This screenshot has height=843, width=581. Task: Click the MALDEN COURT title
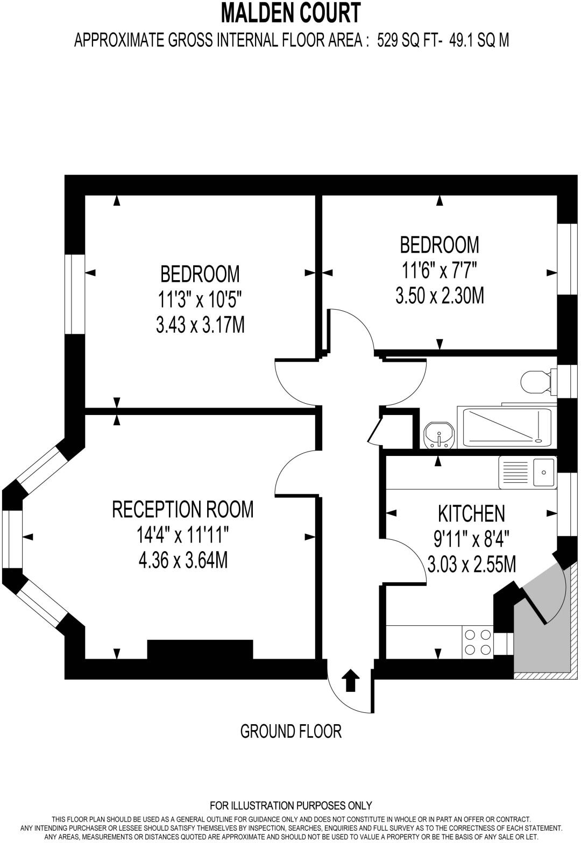tap(290, 13)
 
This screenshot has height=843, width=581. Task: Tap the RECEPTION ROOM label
tap(183, 509)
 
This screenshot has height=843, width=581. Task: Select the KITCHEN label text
tap(472, 513)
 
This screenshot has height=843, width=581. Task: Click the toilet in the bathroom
tap(534, 382)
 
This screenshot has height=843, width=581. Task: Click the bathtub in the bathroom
tap(505, 427)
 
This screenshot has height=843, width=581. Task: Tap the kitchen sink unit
tap(528, 473)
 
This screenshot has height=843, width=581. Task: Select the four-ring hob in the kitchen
tap(478, 641)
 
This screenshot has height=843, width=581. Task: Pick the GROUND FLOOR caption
tap(290, 731)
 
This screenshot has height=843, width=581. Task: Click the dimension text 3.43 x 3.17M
tap(200, 325)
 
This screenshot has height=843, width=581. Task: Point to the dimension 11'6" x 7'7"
tap(440, 270)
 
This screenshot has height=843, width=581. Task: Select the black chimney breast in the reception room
tap(200, 649)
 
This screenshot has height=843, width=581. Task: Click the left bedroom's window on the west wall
tap(75, 294)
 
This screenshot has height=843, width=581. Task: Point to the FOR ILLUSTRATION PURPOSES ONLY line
tap(290, 805)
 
